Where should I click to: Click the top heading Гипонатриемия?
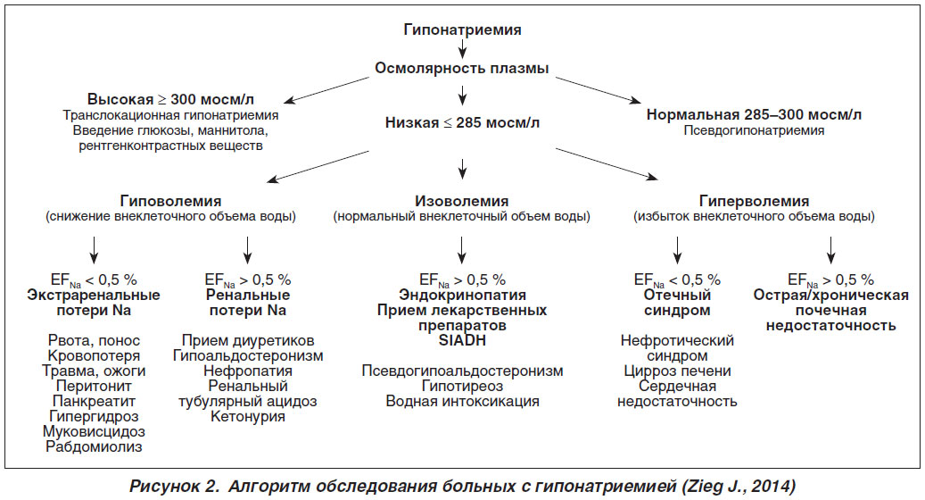(462, 29)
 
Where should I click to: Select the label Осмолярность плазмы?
(462, 68)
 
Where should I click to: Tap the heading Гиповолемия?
(170, 201)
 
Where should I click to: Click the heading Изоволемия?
(461, 201)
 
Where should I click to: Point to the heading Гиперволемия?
(754, 201)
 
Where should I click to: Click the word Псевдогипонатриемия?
(754, 130)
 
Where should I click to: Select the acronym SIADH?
(462, 340)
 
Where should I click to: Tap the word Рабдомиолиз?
(94, 446)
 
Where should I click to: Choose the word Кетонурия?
(248, 416)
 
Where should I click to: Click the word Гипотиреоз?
(462, 386)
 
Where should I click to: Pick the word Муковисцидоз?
(94, 431)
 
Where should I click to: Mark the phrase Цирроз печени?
(677, 371)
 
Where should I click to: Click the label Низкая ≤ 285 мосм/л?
(462, 123)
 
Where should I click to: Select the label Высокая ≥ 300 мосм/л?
(170, 99)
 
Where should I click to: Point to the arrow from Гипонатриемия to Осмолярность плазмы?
(462, 49)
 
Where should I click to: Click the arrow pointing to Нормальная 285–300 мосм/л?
(598, 90)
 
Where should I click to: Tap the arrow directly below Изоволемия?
(462, 250)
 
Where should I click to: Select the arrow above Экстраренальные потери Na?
(94, 250)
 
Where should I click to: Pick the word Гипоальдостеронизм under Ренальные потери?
(248, 355)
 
